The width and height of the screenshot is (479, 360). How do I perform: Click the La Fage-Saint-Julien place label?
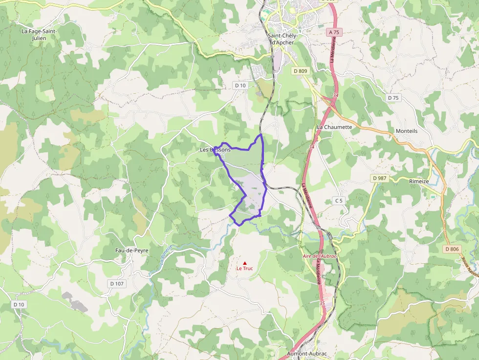point(39,35)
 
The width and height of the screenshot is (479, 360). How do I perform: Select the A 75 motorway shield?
point(333,32)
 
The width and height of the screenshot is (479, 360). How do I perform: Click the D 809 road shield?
point(301,71)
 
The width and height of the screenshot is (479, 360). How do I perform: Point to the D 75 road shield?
point(393,98)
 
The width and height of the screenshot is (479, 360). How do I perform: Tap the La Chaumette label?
point(334,127)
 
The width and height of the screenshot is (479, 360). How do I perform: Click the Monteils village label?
point(407,131)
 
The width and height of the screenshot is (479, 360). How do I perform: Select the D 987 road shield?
point(378,178)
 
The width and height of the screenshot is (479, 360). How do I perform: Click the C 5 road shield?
point(339,201)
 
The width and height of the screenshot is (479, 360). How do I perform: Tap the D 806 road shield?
point(452,249)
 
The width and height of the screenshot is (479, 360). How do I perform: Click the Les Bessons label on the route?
point(215,149)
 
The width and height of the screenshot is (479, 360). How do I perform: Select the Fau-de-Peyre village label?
point(131,251)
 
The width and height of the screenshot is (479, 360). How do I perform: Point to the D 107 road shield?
point(116,283)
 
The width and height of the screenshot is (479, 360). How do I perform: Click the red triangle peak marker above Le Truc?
point(245,263)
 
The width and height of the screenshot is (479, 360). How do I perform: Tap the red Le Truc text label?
point(245,269)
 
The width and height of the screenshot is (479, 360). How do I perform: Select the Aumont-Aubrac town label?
point(306,353)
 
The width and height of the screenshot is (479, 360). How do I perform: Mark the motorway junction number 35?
point(322,303)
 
